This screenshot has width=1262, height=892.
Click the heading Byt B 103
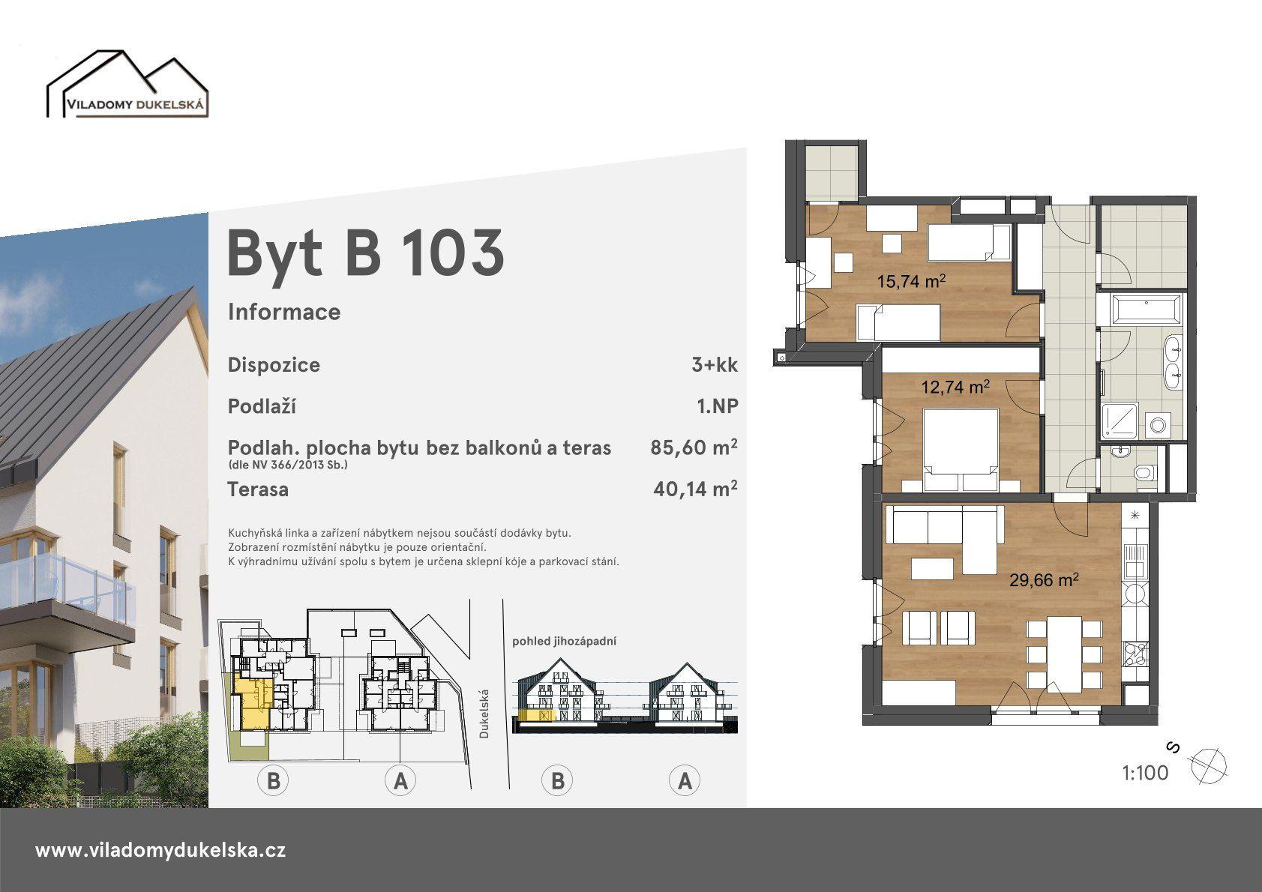click(365, 253)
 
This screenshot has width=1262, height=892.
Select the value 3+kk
click(715, 365)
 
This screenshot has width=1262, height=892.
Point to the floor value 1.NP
click(717, 406)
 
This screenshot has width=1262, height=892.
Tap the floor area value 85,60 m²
click(694, 447)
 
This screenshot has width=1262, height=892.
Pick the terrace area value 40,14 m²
click(695, 488)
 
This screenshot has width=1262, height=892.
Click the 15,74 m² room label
click(911, 280)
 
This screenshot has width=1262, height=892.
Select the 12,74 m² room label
click(955, 386)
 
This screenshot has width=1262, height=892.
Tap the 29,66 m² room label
click(1044, 579)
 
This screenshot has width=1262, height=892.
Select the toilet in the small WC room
click(1143, 472)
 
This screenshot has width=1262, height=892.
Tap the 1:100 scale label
click(1145, 773)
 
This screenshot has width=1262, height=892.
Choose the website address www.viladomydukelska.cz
click(160, 850)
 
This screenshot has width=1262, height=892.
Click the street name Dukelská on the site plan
click(484, 714)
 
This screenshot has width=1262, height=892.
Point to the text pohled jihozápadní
click(564, 641)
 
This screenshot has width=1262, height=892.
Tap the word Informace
click(284, 311)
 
